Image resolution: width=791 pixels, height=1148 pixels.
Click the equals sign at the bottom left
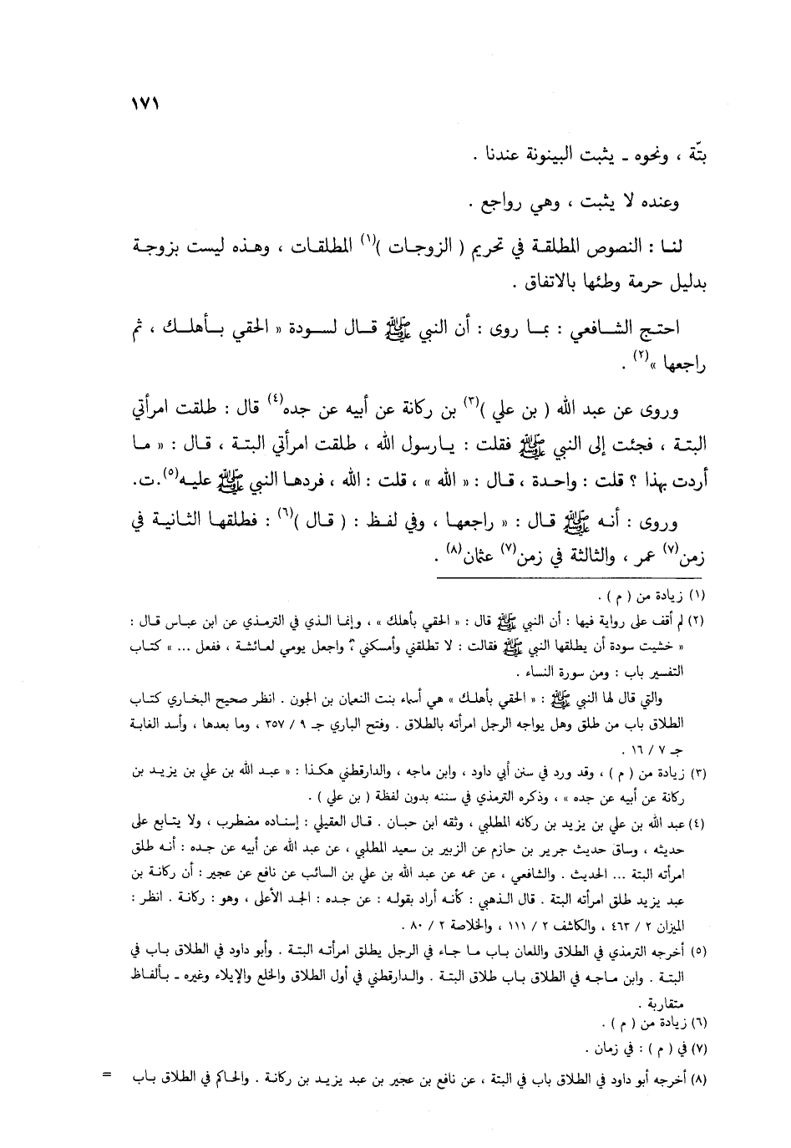tap(106, 1074)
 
